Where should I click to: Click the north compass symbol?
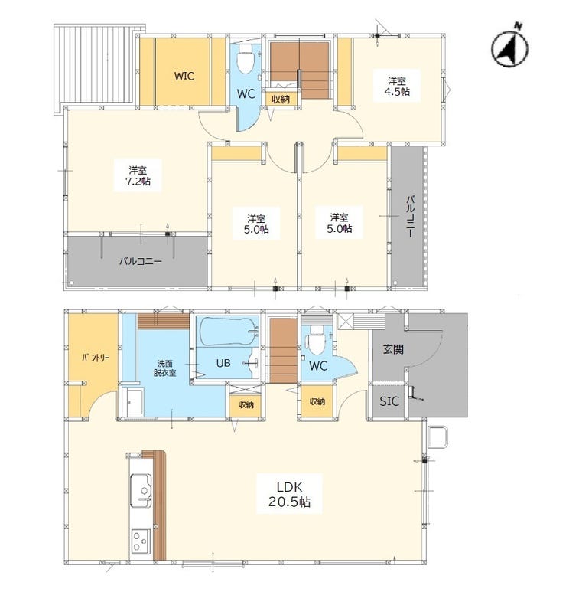tap(509, 47)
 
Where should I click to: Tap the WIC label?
tap(184, 76)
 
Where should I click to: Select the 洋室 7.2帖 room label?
tap(138, 175)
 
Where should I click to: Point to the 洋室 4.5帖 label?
tap(397, 86)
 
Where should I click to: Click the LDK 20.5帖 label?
tap(289, 494)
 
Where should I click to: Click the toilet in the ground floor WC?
tap(317, 340)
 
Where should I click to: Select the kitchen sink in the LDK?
tap(141, 490)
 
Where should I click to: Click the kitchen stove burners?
tap(141, 541)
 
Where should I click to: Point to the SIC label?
tap(389, 401)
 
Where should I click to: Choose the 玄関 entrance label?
tap(393, 349)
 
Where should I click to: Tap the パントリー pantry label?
tap(96, 358)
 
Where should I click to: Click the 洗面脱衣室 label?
tap(164, 368)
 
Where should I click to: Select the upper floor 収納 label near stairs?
tap(281, 100)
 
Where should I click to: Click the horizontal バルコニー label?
tap(141, 261)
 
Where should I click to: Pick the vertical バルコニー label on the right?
tap(411, 216)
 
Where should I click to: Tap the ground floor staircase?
tap(284, 351)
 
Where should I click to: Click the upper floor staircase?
tap(301, 70)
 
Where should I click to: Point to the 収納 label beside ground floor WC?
tap(317, 401)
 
